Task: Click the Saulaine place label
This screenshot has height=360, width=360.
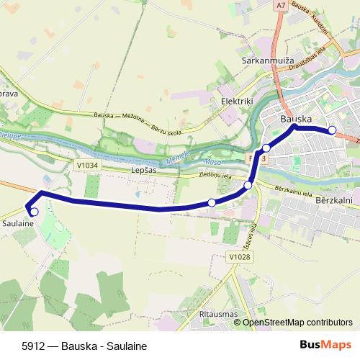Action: click(x=19, y=224)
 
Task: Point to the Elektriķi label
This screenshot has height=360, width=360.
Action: click(x=237, y=102)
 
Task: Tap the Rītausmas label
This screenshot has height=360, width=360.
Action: click(x=217, y=315)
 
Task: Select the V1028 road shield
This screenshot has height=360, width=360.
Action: click(x=236, y=256)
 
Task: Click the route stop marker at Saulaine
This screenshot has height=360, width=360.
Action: click(x=34, y=212)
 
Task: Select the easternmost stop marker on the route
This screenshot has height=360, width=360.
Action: click(x=333, y=130)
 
